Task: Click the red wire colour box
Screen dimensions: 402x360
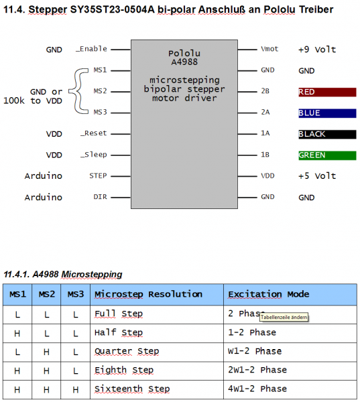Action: pyautogui.click(x=326, y=92)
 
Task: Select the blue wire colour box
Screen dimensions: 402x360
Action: pyautogui.click(x=326, y=113)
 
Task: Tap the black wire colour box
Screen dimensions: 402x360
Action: pyautogui.click(x=326, y=134)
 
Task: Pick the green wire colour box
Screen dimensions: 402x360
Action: pyautogui.click(x=326, y=155)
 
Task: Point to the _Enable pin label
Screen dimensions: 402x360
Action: pyautogui.click(x=92, y=50)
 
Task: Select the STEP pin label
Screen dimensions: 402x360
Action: pyautogui.click(x=98, y=176)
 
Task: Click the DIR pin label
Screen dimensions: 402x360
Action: pyautogui.click(x=99, y=198)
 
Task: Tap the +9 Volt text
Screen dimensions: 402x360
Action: pyautogui.click(x=317, y=50)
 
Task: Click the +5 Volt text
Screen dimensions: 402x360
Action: pyautogui.click(x=317, y=176)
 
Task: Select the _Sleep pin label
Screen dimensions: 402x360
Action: pyautogui.click(x=94, y=155)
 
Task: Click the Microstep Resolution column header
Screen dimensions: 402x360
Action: pyautogui.click(x=148, y=294)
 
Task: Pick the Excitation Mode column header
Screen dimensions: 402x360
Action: pyautogui.click(x=268, y=294)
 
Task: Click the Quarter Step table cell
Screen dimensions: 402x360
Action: pyautogui.click(x=127, y=351)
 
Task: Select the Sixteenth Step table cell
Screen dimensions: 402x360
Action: pyautogui.click(x=132, y=389)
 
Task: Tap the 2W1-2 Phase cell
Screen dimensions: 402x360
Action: pyautogui.click(x=257, y=370)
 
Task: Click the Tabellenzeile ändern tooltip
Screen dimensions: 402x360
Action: pyautogui.click(x=284, y=318)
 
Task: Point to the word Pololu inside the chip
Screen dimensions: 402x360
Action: pyautogui.click(x=184, y=53)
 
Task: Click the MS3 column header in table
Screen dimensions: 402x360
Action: pyautogui.click(x=76, y=294)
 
